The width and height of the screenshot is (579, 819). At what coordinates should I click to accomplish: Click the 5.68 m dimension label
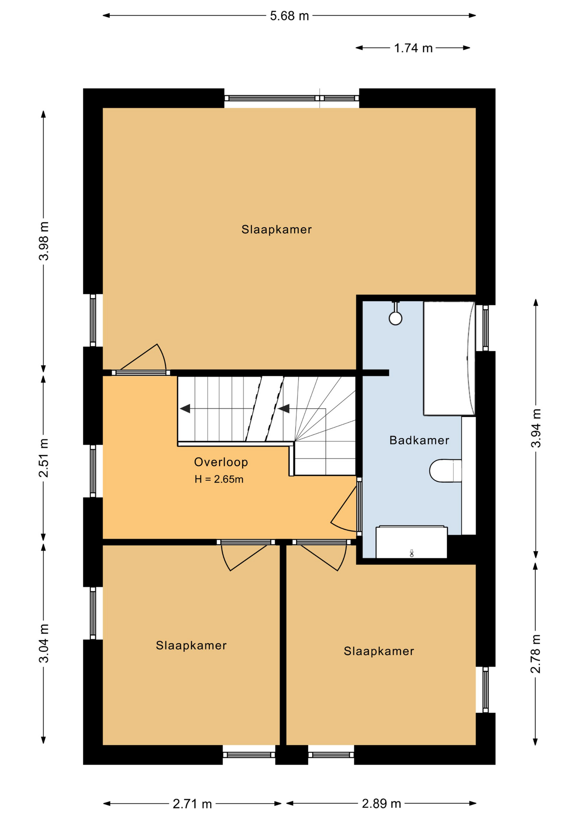click(x=289, y=16)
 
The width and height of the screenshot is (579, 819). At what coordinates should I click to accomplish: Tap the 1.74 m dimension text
click(x=413, y=48)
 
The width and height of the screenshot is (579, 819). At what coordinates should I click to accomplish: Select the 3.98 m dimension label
click(x=44, y=241)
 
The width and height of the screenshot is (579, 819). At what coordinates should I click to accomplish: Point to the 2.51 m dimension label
click(x=44, y=457)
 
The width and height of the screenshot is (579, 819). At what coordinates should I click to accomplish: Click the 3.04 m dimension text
click(x=44, y=643)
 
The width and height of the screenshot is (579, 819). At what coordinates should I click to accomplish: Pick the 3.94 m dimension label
click(x=536, y=428)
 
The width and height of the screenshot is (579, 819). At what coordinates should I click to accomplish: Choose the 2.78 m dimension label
click(x=536, y=654)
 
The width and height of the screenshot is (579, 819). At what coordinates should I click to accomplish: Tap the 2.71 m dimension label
click(x=192, y=804)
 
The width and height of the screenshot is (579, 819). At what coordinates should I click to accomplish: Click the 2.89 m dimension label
click(x=382, y=804)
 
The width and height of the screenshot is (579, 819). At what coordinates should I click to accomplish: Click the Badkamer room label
click(x=419, y=440)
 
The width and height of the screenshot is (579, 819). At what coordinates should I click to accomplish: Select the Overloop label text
click(x=221, y=462)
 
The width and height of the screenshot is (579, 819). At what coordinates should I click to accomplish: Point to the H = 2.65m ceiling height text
click(x=219, y=479)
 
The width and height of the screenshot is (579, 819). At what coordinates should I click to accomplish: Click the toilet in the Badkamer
click(x=446, y=470)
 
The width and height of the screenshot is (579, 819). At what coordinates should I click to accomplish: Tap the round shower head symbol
click(x=396, y=318)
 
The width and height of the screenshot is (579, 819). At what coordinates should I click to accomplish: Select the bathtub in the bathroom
click(x=449, y=358)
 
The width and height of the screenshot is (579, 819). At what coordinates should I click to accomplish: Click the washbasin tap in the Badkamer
click(x=411, y=553)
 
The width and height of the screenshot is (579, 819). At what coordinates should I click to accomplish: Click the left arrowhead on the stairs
click(x=185, y=409)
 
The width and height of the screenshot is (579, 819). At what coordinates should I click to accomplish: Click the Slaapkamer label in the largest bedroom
click(x=276, y=229)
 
